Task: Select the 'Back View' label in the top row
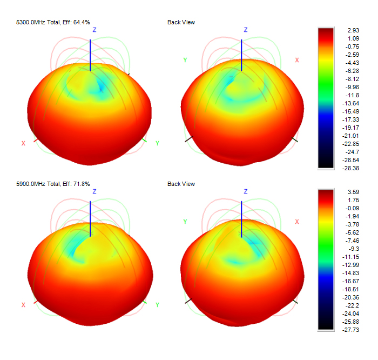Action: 181,22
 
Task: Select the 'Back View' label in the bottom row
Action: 181,184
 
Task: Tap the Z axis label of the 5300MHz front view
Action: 94,30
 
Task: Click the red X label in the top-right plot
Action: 296,60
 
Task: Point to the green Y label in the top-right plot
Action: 185,60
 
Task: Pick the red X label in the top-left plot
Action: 23,143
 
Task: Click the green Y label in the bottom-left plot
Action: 157,305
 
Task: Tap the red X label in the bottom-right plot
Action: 296,222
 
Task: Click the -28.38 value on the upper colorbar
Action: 345,168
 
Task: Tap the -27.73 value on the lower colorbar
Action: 345,329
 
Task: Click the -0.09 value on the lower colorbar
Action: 345,208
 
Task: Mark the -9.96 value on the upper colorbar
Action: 343,87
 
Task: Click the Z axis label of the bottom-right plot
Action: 246,192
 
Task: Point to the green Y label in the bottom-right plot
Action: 185,222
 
